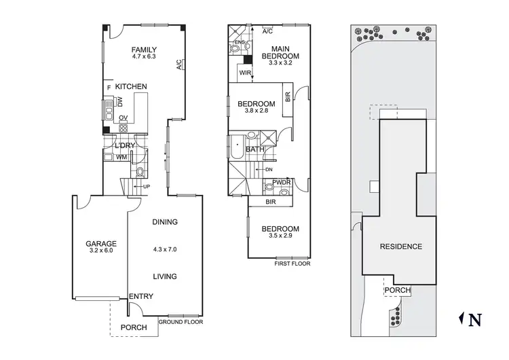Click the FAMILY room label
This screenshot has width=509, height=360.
click(x=144, y=50)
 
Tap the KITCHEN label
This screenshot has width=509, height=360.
click(x=131, y=87)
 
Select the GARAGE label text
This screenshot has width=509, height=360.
click(x=100, y=244)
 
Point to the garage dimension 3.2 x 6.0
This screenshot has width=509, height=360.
click(x=100, y=251)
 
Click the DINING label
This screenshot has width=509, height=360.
click(x=165, y=222)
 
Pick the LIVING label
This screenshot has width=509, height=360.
click(x=165, y=276)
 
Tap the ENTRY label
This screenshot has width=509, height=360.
click(x=140, y=296)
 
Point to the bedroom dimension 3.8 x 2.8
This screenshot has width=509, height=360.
click(x=253, y=112)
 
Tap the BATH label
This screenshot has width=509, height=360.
click(x=255, y=149)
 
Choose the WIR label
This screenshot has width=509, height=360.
click(x=244, y=73)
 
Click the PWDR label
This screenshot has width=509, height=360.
click(x=282, y=183)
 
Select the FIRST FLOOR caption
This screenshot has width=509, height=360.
click(x=292, y=264)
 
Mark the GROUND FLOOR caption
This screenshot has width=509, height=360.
click(x=180, y=323)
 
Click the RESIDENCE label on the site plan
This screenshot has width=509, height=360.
click(x=400, y=247)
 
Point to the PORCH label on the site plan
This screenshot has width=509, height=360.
click(x=397, y=290)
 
